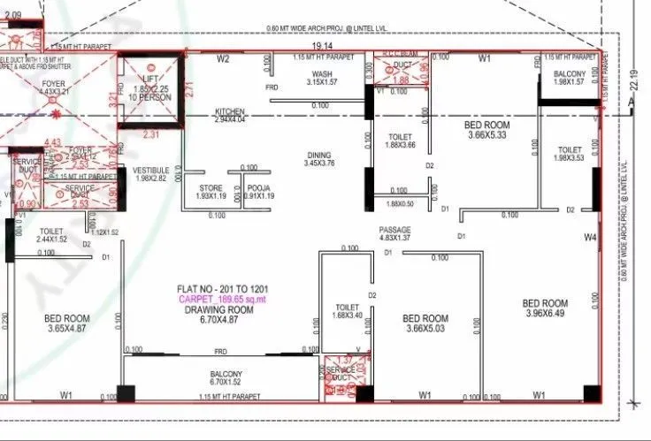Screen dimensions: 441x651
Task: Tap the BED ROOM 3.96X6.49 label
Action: pos(545,308)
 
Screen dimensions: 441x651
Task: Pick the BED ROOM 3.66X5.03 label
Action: pos(425,323)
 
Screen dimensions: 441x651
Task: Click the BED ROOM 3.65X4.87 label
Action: pos(67,323)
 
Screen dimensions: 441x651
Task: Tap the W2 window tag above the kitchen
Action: pos(224,59)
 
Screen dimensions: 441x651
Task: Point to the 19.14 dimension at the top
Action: pos(320,44)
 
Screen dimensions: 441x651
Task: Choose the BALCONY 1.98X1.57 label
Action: pos(570,78)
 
